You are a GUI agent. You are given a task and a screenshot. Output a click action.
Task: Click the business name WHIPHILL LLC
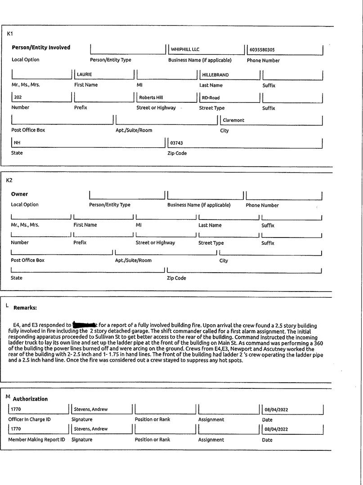(185, 50)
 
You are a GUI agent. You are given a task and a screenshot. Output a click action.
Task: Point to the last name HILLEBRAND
(215, 75)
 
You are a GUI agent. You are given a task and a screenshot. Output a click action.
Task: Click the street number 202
(18, 97)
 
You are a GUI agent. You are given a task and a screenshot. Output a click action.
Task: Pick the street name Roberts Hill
(151, 97)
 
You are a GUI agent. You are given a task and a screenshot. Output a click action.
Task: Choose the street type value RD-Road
(211, 97)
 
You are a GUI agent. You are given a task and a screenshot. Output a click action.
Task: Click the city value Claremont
(234, 120)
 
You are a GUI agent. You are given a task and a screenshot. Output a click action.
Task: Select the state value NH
(18, 143)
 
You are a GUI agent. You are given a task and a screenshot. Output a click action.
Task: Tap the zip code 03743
(176, 143)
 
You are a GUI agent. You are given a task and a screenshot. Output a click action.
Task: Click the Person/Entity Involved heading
(41, 48)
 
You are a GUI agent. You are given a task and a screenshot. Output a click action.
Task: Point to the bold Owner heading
(19, 194)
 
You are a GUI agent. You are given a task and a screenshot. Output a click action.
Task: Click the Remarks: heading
(25, 308)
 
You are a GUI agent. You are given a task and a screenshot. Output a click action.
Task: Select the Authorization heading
(30, 399)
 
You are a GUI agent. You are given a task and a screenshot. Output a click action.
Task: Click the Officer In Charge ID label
(30, 419)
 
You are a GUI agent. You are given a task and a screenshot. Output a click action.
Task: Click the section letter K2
(9, 180)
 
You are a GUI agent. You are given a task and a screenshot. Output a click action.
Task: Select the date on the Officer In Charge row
(275, 410)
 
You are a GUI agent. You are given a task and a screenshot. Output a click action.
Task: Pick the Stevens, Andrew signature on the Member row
(90, 429)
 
